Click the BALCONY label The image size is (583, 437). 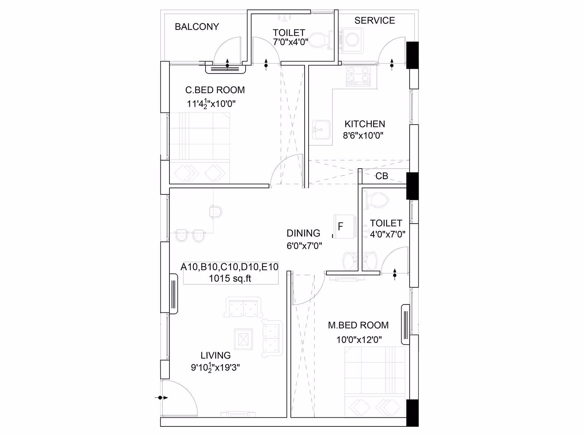(x=197, y=27)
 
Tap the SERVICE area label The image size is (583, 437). (x=375, y=20)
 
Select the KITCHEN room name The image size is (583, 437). (x=365, y=124)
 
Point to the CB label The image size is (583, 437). (x=382, y=176)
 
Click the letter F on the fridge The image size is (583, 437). (x=340, y=226)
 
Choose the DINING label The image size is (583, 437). (x=303, y=233)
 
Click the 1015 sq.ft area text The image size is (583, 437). (x=230, y=278)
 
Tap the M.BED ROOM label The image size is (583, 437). (x=358, y=325)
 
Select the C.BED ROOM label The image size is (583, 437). (x=215, y=90)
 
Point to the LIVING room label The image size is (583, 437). (x=215, y=355)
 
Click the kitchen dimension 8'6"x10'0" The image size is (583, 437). (x=363, y=135)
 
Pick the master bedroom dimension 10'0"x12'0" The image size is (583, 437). (x=359, y=340)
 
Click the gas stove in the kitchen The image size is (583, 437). (x=358, y=76)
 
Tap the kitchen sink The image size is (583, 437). (x=321, y=130)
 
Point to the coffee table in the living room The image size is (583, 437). (x=243, y=339)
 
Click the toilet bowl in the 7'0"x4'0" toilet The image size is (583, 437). (x=320, y=40)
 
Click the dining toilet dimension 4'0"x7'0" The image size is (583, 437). (x=388, y=234)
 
